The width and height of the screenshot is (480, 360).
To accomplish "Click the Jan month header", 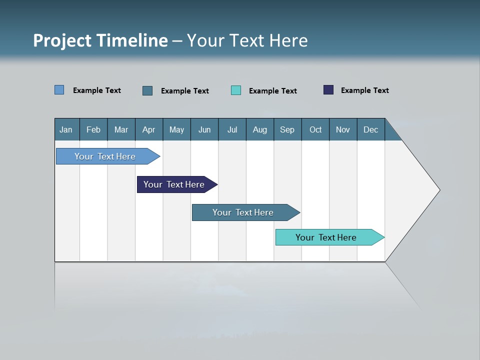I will (66, 129).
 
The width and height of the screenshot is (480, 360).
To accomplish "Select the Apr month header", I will (149, 129).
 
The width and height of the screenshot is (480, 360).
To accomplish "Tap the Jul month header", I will (232, 129).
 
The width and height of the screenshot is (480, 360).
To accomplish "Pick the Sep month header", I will (287, 129).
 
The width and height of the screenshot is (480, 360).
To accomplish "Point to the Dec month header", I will (370, 129).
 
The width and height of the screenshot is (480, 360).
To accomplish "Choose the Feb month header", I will (93, 129).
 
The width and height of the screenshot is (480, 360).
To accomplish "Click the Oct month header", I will (315, 129).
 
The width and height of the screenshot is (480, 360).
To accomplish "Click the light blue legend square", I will (59, 90).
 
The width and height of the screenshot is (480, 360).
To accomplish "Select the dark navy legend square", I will (328, 90).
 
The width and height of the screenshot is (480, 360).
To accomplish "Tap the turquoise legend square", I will (236, 90).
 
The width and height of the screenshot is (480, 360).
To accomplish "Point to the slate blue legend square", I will (147, 90).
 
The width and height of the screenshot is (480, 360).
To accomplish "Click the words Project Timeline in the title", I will (100, 40).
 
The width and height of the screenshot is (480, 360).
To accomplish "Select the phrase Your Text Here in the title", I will (247, 40).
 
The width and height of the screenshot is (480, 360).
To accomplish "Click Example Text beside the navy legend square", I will (364, 90).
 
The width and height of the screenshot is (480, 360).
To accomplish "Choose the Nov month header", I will (343, 129).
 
